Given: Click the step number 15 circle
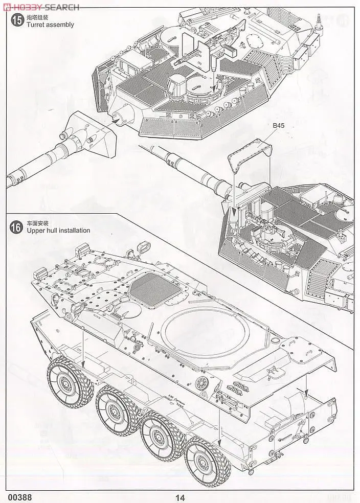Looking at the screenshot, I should point(17,21).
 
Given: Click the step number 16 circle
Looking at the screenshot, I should point(17,226).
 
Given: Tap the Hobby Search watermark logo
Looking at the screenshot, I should point(41,7).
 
